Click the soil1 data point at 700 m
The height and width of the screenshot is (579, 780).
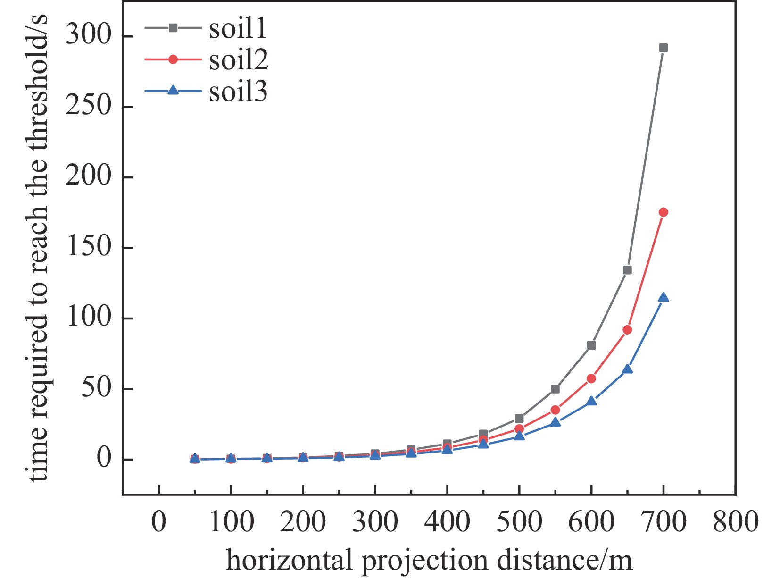pyautogui.click(x=663, y=48)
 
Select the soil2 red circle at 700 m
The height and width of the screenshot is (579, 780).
pyautogui.click(x=663, y=212)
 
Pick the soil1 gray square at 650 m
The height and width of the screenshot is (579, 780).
pyautogui.click(x=627, y=270)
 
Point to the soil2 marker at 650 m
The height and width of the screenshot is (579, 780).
pyautogui.click(x=627, y=330)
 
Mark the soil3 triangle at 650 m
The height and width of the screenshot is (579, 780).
pyautogui.click(x=627, y=369)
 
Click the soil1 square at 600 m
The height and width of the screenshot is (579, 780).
pyautogui.click(x=591, y=345)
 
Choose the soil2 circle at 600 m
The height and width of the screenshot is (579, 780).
pyautogui.click(x=591, y=378)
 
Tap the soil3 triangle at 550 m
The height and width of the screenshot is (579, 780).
pyautogui.click(x=555, y=422)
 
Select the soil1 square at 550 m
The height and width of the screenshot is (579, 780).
pyautogui.click(x=555, y=389)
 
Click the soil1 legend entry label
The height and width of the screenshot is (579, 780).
pyautogui.click(x=238, y=28)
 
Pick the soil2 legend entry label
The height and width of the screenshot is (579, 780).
pyautogui.click(x=239, y=59)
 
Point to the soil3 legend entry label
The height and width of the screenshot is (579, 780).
pyautogui.click(x=239, y=91)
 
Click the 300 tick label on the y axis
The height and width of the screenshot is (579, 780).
pyautogui.click(x=88, y=36)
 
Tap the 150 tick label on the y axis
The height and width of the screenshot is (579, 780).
pyautogui.click(x=88, y=247)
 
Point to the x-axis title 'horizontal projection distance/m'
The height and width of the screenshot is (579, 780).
pyautogui.click(x=429, y=560)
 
